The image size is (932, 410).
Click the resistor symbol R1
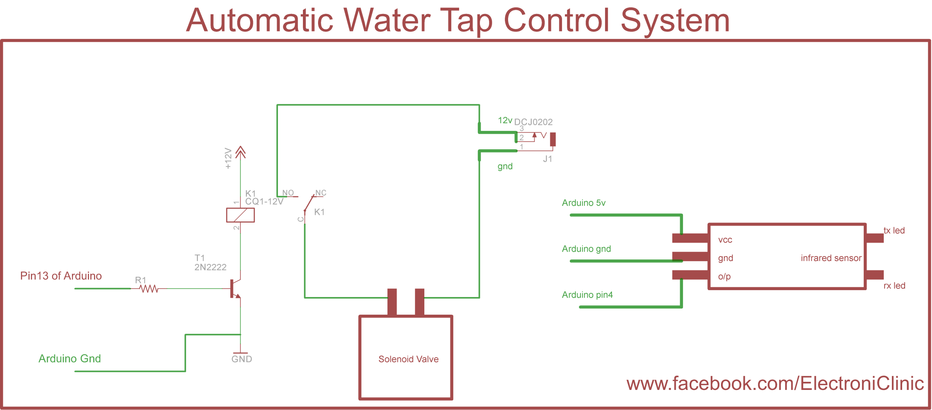tap(149, 289)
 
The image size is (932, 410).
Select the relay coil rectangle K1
tap(240, 215)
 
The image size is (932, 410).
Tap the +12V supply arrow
tap(240, 152)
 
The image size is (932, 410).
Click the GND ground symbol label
tap(242, 359)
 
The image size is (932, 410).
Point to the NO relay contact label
tap(288, 193)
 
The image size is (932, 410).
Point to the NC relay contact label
tap(320, 193)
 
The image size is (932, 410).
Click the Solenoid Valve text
tap(408, 359)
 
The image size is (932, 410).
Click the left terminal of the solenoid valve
tap(392, 302)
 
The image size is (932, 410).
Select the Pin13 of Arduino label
tap(61, 276)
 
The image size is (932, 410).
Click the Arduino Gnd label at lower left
tap(69, 358)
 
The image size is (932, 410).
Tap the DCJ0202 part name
tap(533, 122)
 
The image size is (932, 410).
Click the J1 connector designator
tap(547, 159)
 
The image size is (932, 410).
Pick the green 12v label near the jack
tap(505, 120)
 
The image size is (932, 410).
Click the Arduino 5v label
tap(583, 203)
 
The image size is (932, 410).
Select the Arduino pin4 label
tap(587, 295)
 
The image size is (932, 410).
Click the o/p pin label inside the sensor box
tap(724, 277)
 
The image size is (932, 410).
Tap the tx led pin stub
tap(875, 238)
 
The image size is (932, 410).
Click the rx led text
tap(894, 286)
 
